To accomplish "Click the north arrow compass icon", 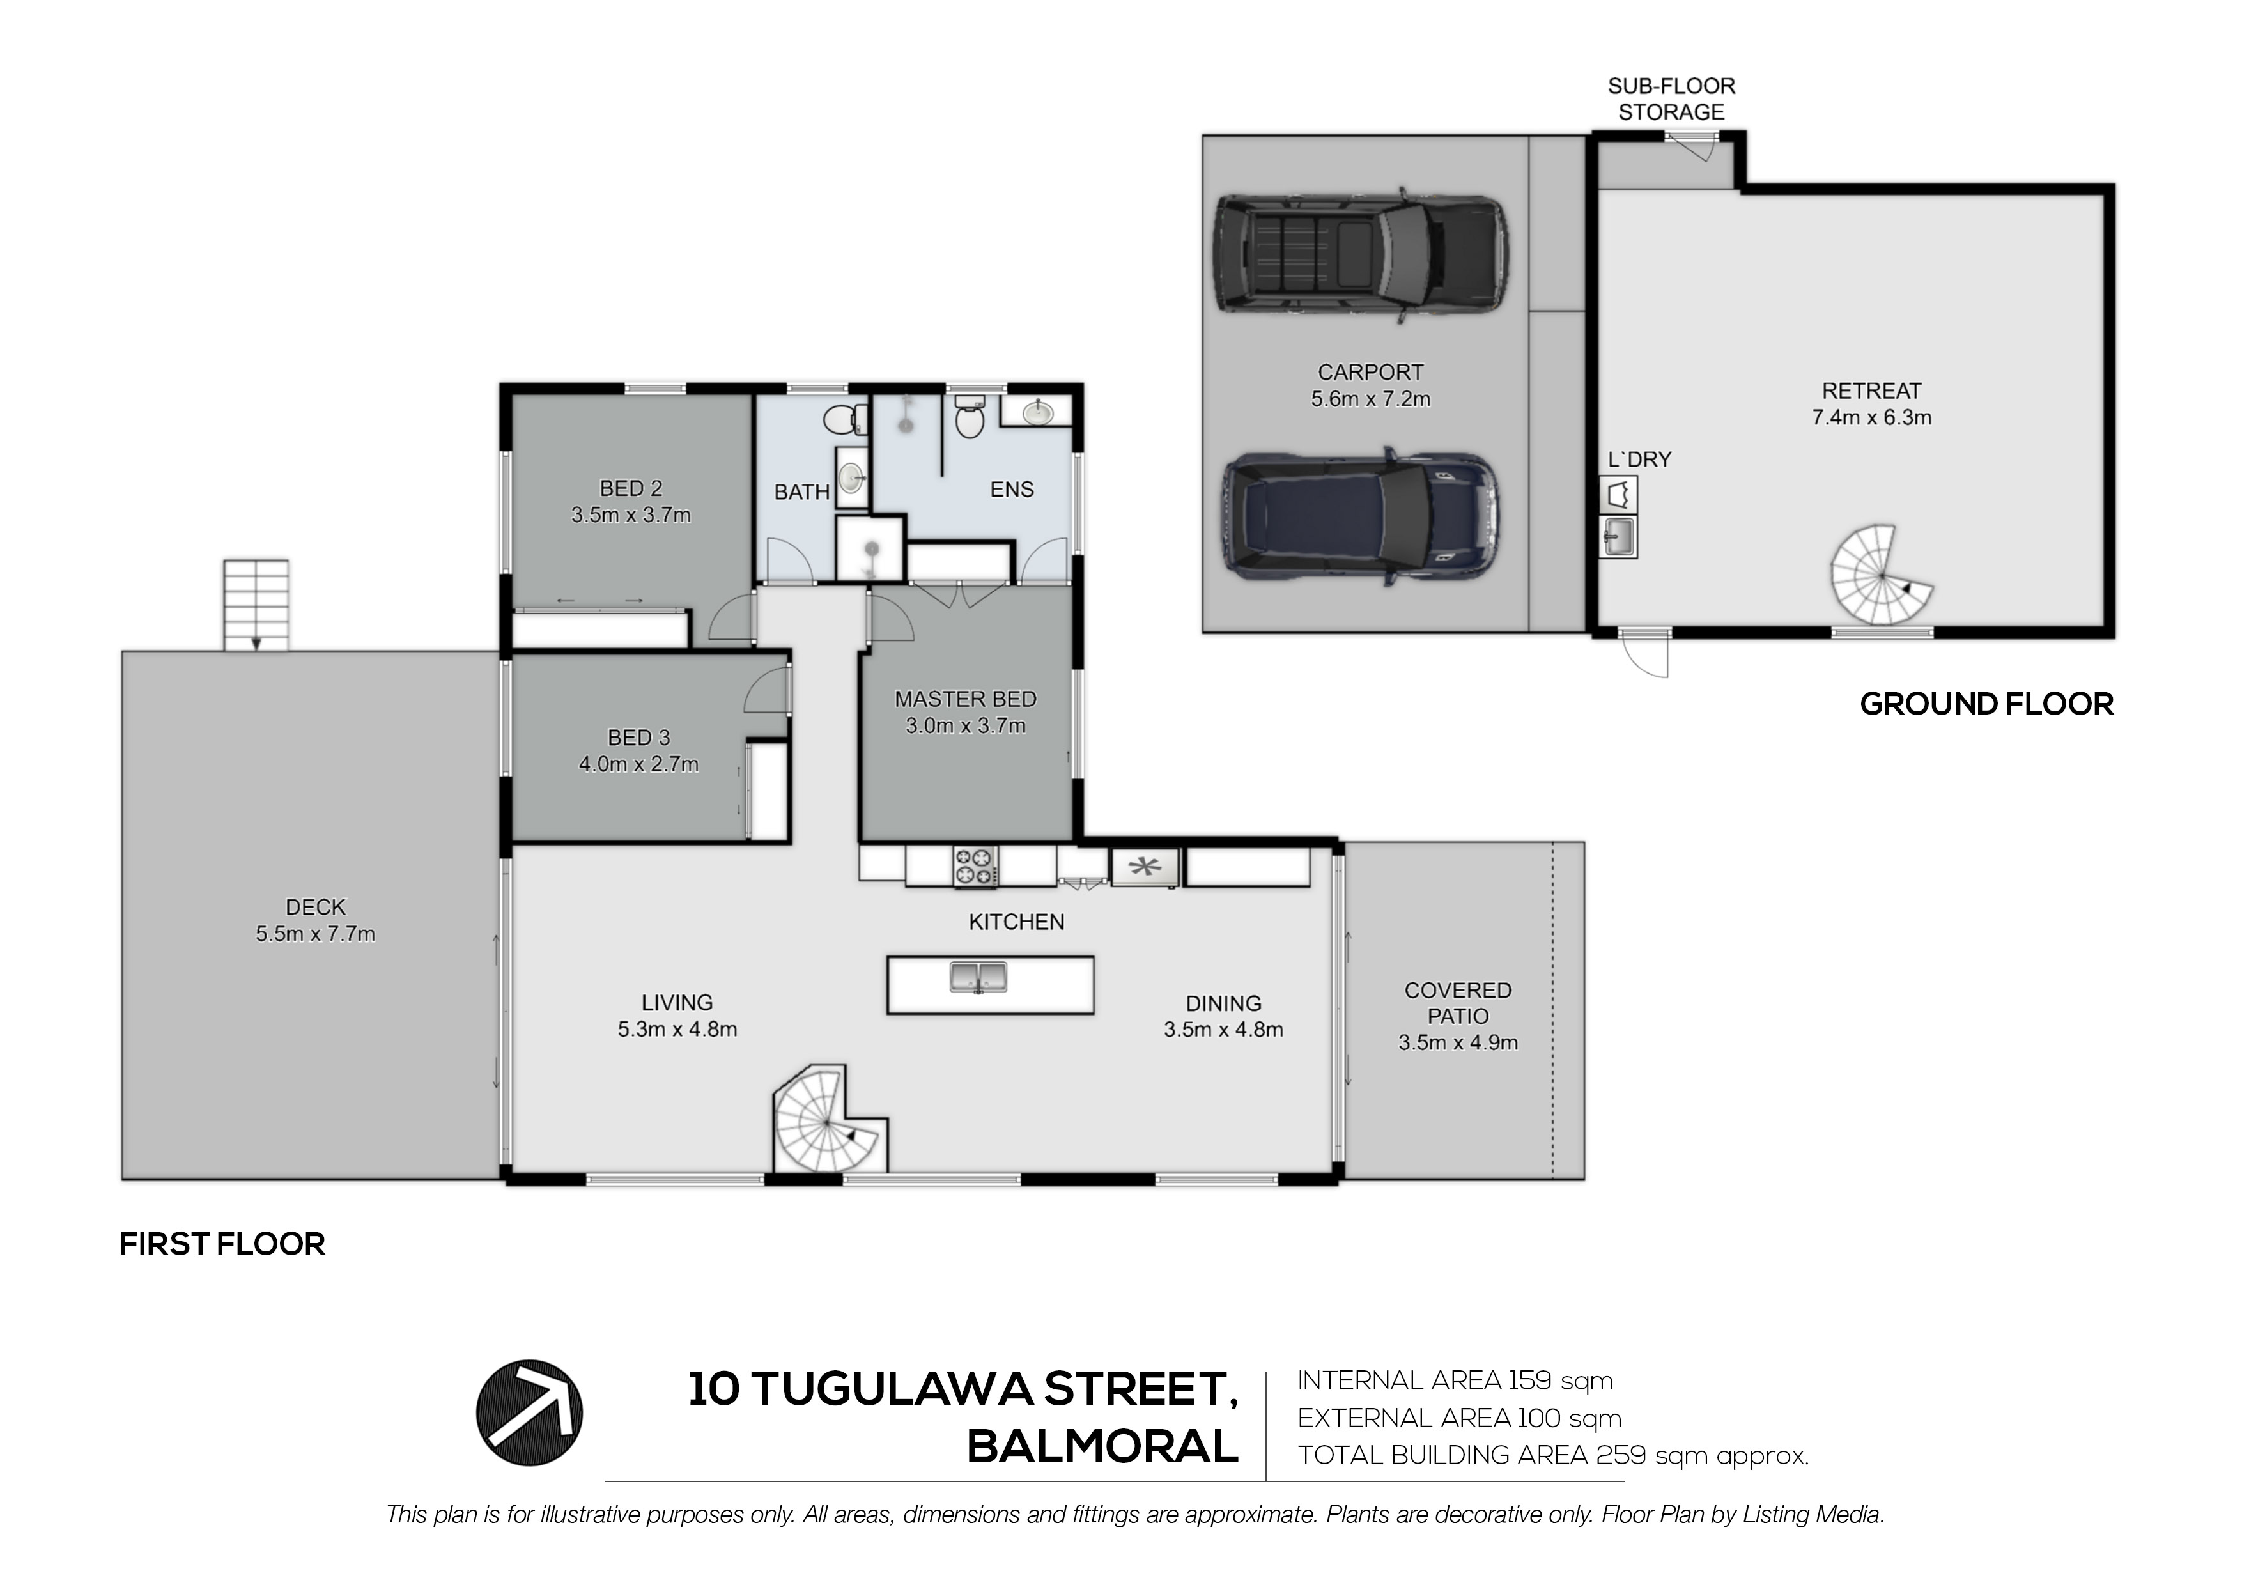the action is (x=529, y=1412).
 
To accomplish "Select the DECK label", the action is (x=316, y=908).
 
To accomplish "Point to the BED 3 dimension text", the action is (x=638, y=764).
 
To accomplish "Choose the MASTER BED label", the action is (x=966, y=699).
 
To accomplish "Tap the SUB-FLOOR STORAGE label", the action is (x=1672, y=98).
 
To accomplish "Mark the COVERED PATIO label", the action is (x=1458, y=1003).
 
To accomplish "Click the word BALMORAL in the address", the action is (x=1102, y=1446).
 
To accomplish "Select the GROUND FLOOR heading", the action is (x=1986, y=704).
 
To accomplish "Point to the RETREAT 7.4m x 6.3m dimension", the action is (x=1871, y=417).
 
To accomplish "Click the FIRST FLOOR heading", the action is (x=222, y=1244).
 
